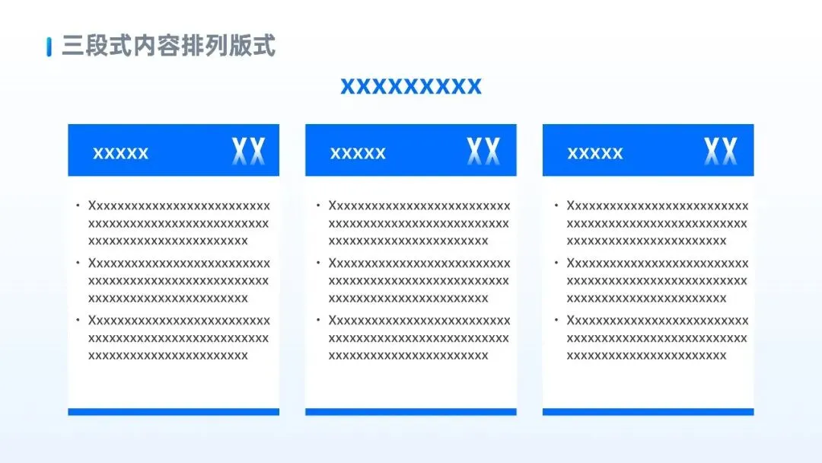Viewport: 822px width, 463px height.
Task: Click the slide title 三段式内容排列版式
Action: pos(168,46)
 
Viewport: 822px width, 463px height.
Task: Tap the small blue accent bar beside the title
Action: pos(49,46)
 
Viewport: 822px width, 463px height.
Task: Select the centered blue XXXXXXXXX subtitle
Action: pos(411,86)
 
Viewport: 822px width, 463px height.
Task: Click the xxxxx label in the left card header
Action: pos(120,153)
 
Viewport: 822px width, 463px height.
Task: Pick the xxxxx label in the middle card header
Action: pos(358,153)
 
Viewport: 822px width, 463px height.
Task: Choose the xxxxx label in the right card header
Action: pos(595,153)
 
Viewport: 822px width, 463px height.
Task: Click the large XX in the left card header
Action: pos(249,152)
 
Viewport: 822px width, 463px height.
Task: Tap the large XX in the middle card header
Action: pos(483,152)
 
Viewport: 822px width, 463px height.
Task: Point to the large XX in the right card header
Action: pos(721,152)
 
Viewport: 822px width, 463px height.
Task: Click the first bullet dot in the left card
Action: pos(78,206)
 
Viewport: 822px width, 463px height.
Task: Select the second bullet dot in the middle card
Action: pos(317,263)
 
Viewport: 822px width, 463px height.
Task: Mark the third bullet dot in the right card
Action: pos(556,320)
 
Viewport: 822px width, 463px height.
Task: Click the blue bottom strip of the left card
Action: pos(174,412)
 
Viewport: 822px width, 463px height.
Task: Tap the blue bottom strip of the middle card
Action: pos(411,412)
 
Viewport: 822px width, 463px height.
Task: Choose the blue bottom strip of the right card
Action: pos(648,412)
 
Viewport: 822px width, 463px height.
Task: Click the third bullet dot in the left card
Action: pos(78,320)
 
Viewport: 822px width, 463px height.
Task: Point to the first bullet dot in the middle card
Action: pos(317,206)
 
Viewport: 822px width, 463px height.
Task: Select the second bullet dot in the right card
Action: pos(556,263)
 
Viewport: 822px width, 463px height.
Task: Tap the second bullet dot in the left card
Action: pos(78,263)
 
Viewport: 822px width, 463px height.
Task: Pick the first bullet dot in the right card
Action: pos(556,206)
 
